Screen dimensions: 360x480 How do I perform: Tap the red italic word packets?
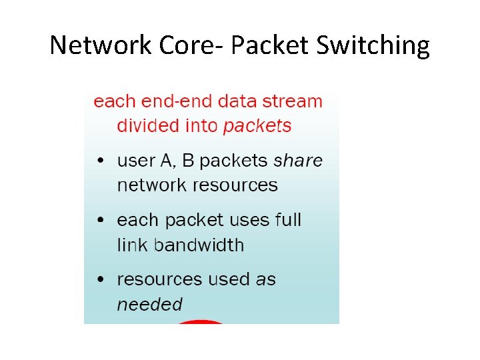pyautogui.click(x=258, y=126)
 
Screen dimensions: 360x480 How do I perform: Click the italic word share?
pyautogui.click(x=298, y=160)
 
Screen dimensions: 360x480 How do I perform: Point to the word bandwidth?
pyautogui.click(x=199, y=245)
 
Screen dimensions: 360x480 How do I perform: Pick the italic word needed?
pyautogui.click(x=149, y=305)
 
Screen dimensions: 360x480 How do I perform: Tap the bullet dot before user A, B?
pyautogui.click(x=99, y=161)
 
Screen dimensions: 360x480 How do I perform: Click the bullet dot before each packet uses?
pyautogui.click(x=99, y=221)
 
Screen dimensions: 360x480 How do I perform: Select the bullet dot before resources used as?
pyautogui.click(x=99, y=280)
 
